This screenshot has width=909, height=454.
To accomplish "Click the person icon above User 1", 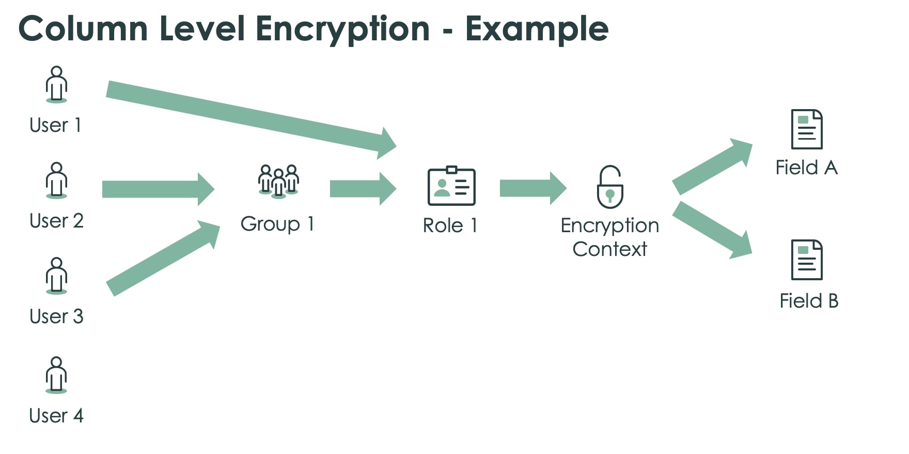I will point(56,84).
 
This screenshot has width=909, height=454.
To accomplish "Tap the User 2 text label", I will point(56,221).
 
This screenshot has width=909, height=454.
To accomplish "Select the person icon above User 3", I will point(56,276).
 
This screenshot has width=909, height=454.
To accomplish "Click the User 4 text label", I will point(56,416).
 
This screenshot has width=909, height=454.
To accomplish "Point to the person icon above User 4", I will point(56,375).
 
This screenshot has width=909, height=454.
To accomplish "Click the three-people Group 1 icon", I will point(278,181).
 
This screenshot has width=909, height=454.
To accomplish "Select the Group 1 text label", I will point(277,224).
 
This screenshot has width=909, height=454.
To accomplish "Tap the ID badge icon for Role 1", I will point(451,186).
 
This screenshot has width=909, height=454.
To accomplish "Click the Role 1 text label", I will point(450,226).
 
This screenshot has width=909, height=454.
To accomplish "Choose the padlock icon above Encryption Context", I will point(610,187).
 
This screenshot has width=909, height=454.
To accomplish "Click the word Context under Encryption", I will point(609,250).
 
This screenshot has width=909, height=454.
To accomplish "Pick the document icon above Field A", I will point(807,129).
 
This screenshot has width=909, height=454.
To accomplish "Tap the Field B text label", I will point(809,301).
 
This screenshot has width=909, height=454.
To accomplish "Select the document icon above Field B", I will point(807,260).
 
